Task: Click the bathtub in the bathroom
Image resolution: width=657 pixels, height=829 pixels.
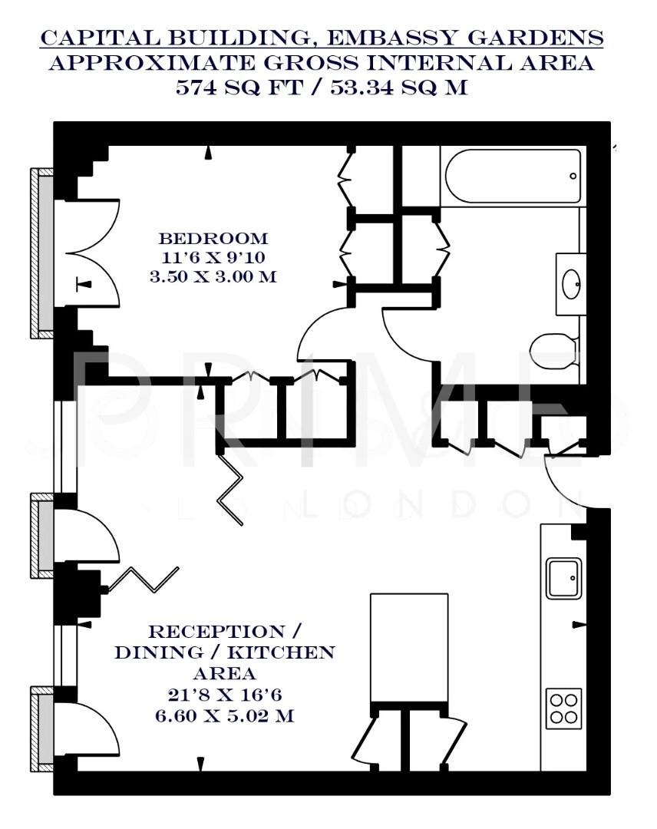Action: click(513, 177)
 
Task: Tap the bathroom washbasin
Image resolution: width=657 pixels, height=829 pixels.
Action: click(571, 284)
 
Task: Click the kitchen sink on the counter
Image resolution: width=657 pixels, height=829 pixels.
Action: click(563, 578)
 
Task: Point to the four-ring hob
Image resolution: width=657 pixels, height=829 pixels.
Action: click(563, 708)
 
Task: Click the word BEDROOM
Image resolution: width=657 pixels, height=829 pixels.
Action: click(213, 239)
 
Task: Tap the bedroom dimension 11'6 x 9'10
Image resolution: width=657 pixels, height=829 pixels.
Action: click(213, 257)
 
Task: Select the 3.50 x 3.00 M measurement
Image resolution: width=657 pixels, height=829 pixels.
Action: click(213, 276)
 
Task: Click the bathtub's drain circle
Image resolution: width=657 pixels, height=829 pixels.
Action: click(573, 177)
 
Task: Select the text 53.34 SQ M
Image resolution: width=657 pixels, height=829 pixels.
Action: click(398, 87)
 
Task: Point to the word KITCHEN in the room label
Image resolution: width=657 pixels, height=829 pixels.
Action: click(293, 653)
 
